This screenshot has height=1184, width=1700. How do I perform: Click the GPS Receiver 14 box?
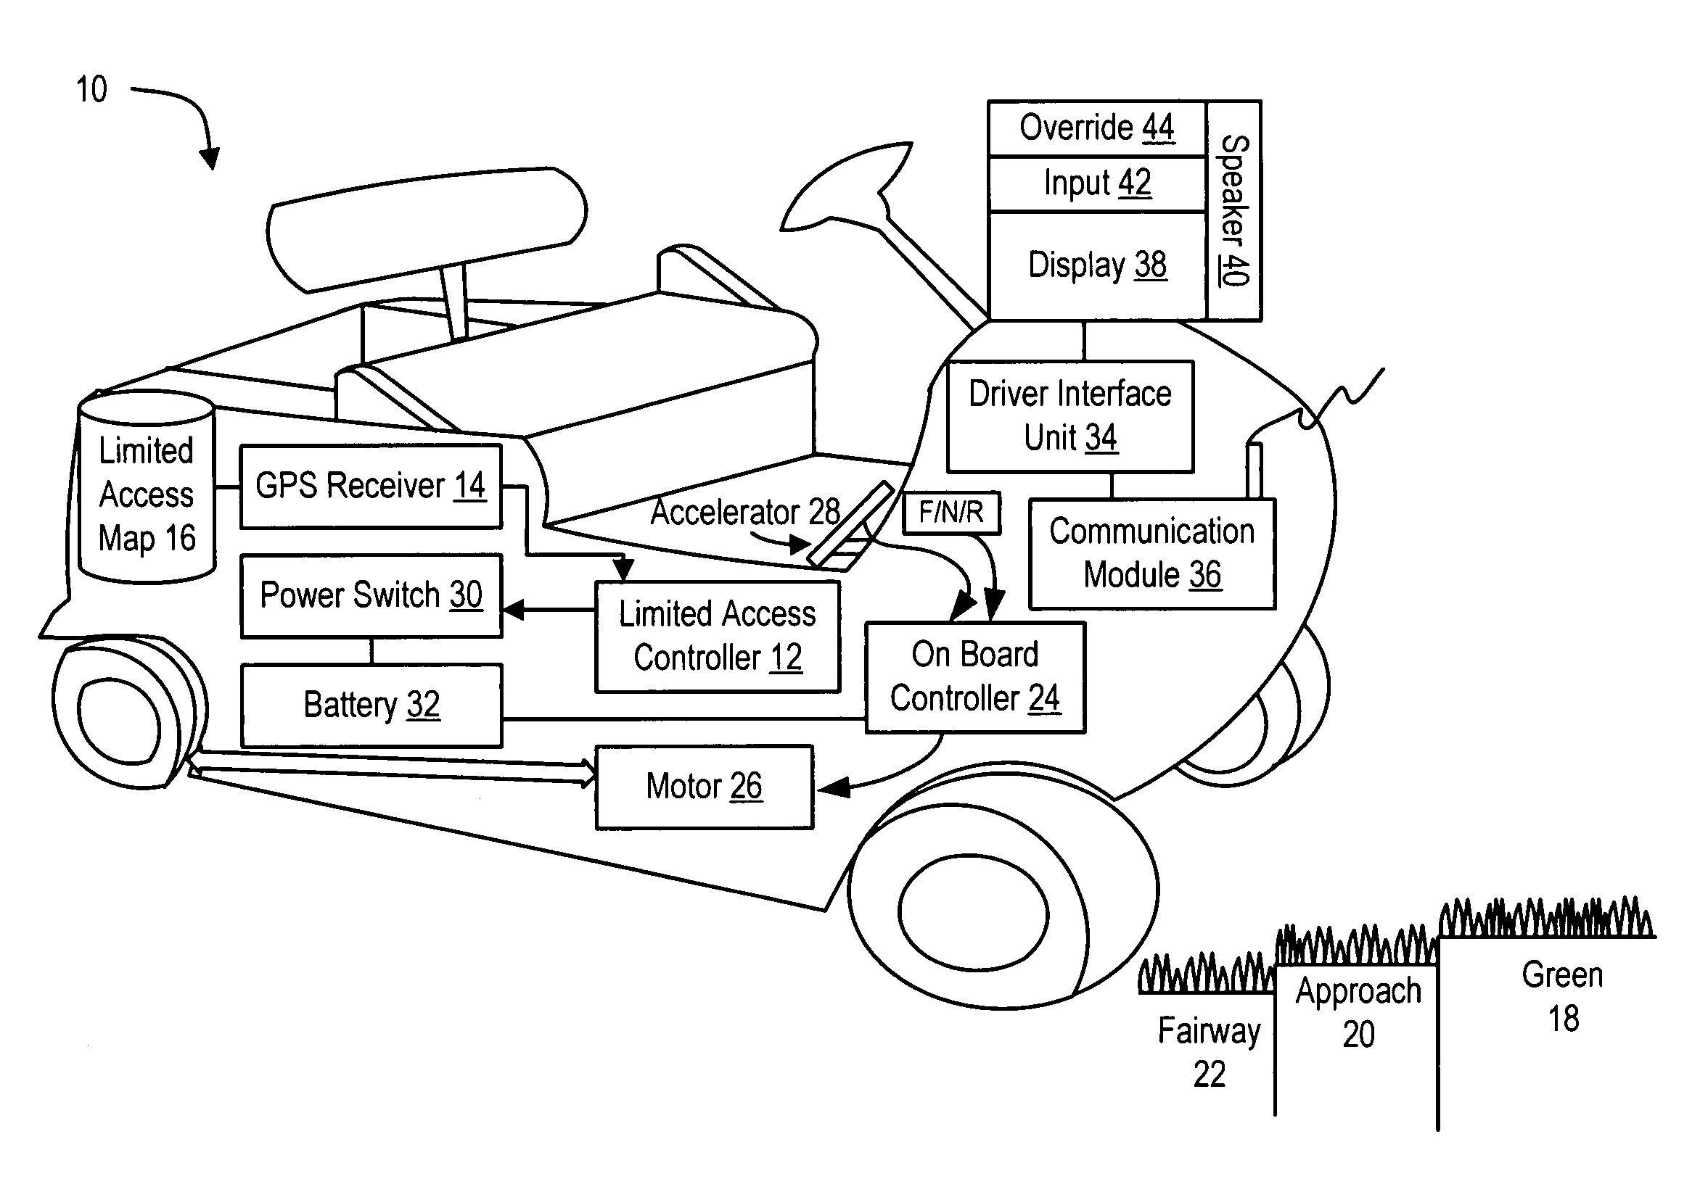(x=370, y=487)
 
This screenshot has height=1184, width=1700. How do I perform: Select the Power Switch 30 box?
(x=370, y=595)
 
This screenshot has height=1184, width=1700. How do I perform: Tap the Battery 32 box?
(x=370, y=705)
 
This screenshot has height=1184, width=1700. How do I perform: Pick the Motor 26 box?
(x=703, y=787)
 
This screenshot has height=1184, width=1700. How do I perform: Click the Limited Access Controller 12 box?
(x=718, y=637)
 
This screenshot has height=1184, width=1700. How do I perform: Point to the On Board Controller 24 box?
(x=974, y=677)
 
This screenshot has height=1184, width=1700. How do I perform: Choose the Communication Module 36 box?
(x=1151, y=553)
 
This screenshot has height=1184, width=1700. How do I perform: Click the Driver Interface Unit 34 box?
(x=1070, y=416)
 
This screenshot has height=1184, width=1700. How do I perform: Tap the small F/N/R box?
(x=950, y=512)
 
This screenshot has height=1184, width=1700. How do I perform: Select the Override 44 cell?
(x=1096, y=128)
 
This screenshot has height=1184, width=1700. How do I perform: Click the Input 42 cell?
(x=1096, y=183)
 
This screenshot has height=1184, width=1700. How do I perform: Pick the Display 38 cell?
(x=1096, y=265)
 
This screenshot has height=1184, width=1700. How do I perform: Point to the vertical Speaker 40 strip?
(x=1233, y=210)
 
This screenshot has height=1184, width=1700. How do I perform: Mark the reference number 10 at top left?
(x=92, y=89)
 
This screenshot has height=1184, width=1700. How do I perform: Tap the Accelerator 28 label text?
(x=745, y=512)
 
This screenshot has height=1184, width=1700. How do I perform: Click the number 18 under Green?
(x=1563, y=1019)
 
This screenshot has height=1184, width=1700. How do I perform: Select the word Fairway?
(x=1209, y=1031)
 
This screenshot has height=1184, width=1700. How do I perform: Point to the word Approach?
(x=1358, y=992)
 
